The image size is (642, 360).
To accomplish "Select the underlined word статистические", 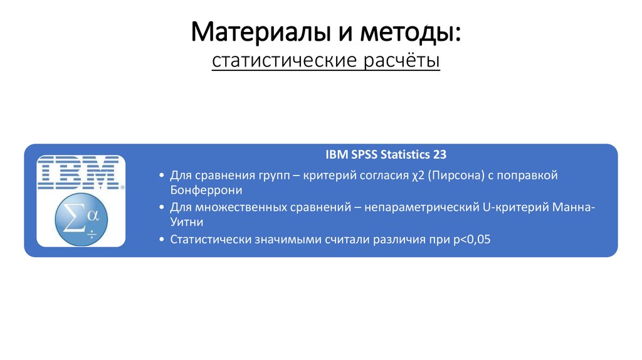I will (x=283, y=61).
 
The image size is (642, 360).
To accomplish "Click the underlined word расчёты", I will (x=401, y=61).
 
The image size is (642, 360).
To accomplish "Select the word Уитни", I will (x=186, y=222).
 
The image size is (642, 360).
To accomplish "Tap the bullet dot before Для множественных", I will (x=162, y=207).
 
